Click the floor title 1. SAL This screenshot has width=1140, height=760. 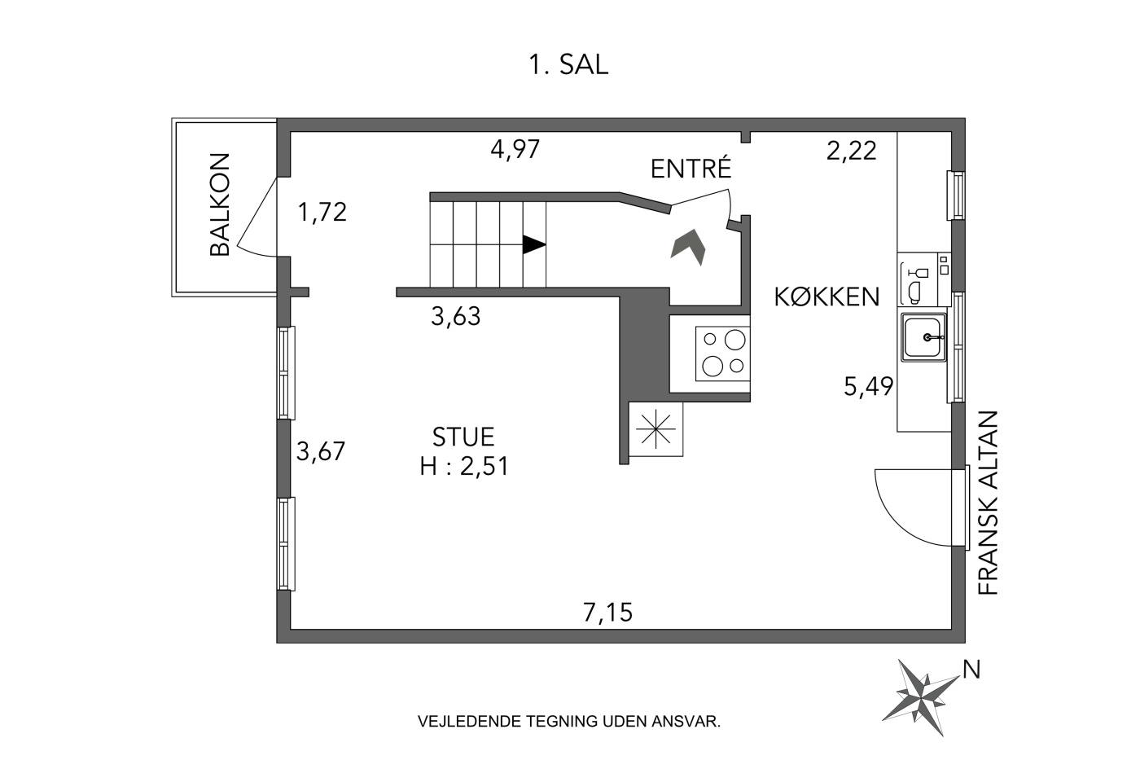(x=568, y=65)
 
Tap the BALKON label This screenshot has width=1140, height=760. (x=221, y=204)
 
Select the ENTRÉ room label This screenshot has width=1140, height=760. (x=691, y=168)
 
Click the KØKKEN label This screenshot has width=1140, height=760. (x=826, y=297)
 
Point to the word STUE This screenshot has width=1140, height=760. (x=463, y=437)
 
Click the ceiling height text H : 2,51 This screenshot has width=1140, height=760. (x=464, y=466)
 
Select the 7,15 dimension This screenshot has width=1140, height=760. (x=607, y=613)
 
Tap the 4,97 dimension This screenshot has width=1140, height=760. (x=515, y=150)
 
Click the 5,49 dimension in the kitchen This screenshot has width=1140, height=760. (x=868, y=386)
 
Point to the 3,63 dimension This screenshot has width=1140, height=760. (x=455, y=316)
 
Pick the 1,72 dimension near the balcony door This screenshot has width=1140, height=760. (x=322, y=213)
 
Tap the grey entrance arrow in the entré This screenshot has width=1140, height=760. (x=689, y=247)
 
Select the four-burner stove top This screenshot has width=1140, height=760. (x=723, y=354)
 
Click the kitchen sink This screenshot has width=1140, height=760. (x=923, y=337)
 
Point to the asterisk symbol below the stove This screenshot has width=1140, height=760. (x=656, y=428)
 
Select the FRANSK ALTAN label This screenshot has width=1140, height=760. (x=988, y=503)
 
